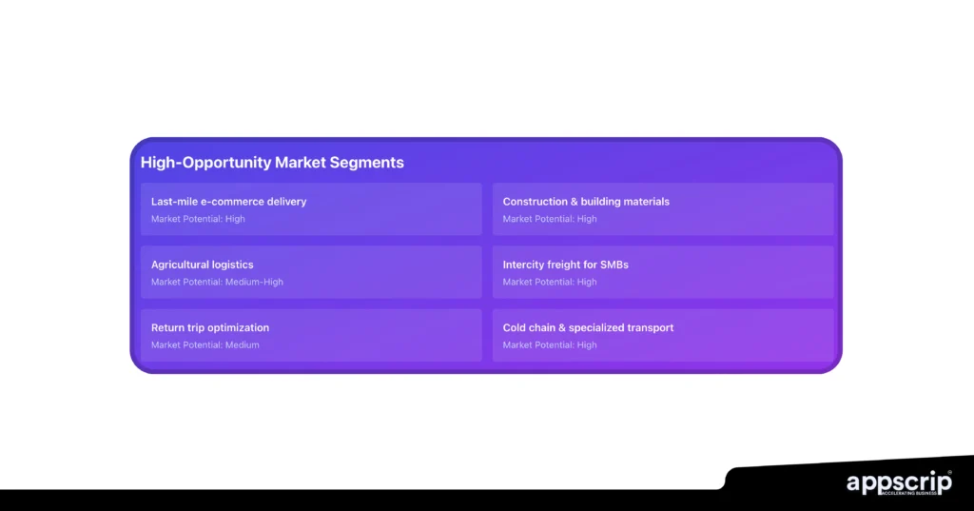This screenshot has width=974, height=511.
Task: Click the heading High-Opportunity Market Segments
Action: [272, 163]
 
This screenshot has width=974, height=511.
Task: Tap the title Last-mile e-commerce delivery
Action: [228, 202]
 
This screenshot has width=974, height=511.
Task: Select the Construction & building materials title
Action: [586, 202]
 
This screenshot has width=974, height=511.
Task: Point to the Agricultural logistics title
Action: [202, 265]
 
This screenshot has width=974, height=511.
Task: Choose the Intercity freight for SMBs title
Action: [565, 265]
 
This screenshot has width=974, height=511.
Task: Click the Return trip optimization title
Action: [210, 327]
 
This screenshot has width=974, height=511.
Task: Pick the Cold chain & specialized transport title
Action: [588, 327]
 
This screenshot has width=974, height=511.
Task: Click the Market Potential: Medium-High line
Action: [217, 282]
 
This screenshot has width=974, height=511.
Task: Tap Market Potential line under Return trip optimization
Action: [205, 344]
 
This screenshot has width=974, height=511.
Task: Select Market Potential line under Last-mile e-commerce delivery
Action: [198, 219]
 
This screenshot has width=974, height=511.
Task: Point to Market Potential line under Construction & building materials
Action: [550, 219]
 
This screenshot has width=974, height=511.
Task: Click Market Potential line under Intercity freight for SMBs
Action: [550, 282]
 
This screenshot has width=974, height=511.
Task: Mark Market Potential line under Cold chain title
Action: [550, 344]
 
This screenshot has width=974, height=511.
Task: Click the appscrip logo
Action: [899, 483]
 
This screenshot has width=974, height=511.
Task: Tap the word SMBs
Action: [614, 265]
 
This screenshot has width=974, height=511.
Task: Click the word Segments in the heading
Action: [366, 163]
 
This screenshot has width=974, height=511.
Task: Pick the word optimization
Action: [239, 327]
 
